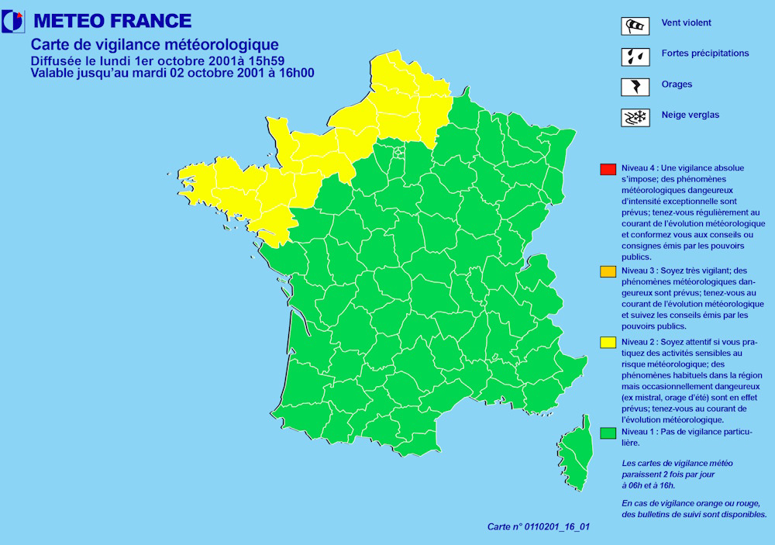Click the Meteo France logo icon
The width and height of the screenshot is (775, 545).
pyautogui.click(x=13, y=22)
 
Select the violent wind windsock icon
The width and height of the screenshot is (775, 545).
pyautogui.click(x=635, y=26)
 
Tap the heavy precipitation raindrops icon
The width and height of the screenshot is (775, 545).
pyautogui.click(x=635, y=56)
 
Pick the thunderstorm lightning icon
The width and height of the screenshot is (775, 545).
pyautogui.click(x=635, y=86)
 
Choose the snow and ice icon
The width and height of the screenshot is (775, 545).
pyautogui.click(x=635, y=117)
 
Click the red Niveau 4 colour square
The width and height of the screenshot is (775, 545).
pyautogui.click(x=608, y=169)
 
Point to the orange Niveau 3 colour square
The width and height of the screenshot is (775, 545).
pyautogui.click(x=608, y=271)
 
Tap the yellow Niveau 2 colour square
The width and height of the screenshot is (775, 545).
pyautogui.click(x=608, y=342)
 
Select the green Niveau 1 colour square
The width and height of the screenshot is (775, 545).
pyautogui.click(x=608, y=433)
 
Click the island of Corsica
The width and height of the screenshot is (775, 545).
pyautogui.click(x=573, y=460)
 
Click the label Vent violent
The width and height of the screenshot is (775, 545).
pyautogui.click(x=686, y=23)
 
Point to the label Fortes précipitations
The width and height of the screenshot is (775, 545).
pyautogui.click(x=705, y=53)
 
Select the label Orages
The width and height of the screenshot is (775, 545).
pyautogui.click(x=677, y=85)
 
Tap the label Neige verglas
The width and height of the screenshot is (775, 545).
pyautogui.click(x=690, y=116)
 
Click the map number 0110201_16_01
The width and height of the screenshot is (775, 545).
pyautogui.click(x=556, y=527)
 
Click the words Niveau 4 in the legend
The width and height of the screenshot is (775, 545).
pyautogui.click(x=639, y=168)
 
